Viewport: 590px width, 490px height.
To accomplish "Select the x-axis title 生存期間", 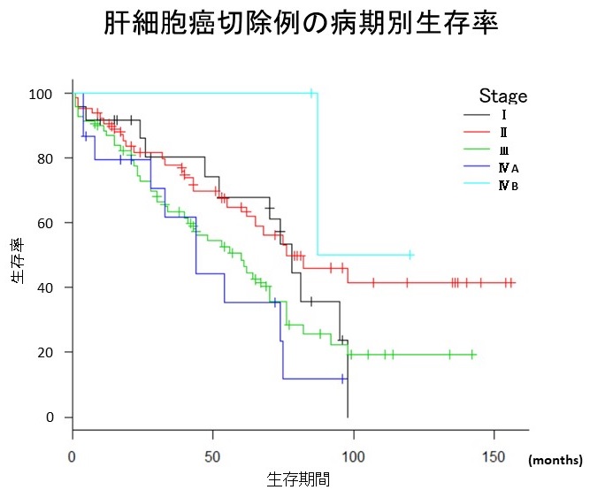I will click(298, 479).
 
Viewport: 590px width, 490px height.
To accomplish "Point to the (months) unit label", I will click(556, 460).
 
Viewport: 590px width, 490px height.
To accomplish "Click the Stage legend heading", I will click(503, 96).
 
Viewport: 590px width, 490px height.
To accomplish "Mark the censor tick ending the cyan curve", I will click(410, 255).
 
